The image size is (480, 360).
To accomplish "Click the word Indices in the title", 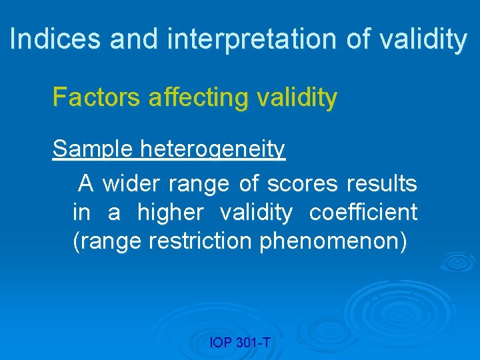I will click(x=56, y=39).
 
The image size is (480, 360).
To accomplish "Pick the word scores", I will click(x=300, y=183).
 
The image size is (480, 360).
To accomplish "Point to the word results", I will click(x=382, y=183).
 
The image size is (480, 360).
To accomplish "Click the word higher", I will click(x=171, y=213).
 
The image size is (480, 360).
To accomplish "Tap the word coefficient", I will click(x=363, y=213).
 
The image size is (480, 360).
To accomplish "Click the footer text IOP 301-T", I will click(x=240, y=343).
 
